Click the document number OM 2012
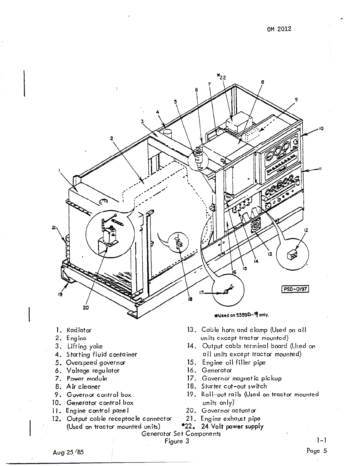[279, 29]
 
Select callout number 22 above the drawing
[221, 77]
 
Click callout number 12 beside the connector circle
[306, 230]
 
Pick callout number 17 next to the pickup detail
[202, 292]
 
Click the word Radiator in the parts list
[79, 330]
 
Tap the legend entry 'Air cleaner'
[83, 387]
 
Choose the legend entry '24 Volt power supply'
[232, 427]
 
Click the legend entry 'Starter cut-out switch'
[234, 386]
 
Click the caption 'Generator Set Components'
[181, 434]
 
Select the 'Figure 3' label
[177, 441]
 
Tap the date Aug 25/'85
[69, 452]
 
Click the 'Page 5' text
[316, 451]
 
